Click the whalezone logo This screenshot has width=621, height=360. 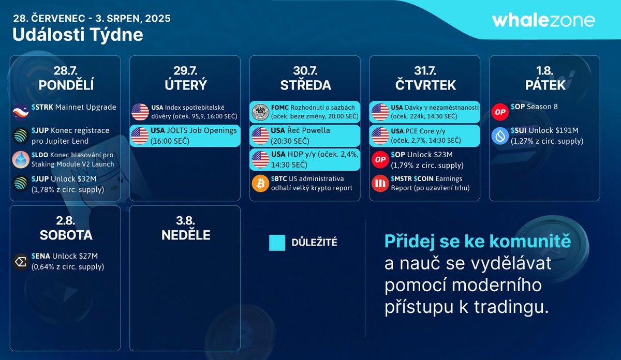point(543,21)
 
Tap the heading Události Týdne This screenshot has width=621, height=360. point(78,35)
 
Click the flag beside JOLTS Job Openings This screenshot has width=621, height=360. point(140,136)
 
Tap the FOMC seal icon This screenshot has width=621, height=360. point(260,112)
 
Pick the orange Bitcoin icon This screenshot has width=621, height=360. point(260,183)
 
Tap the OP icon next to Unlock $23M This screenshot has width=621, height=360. point(380,159)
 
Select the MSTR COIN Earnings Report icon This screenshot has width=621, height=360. point(380,183)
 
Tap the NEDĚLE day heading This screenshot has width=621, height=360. point(185,235)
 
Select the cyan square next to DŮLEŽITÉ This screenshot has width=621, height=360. point(277,243)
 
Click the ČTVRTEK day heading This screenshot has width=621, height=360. point(424,85)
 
